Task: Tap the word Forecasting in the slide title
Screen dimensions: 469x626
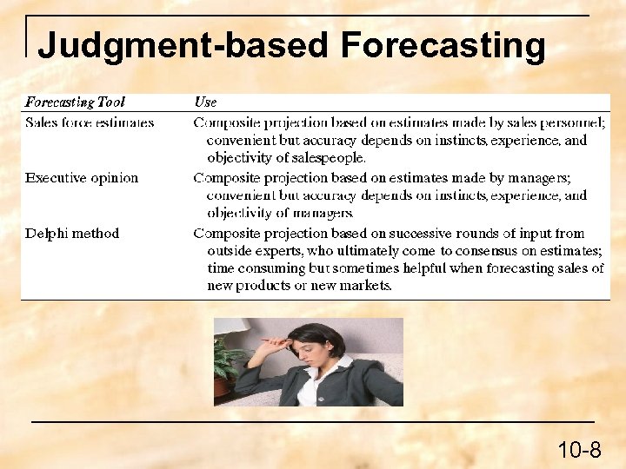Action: (443, 44)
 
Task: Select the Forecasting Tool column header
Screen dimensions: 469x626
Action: (75, 102)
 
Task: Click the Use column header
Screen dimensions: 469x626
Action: (206, 102)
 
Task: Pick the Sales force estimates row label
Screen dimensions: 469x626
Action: (90, 122)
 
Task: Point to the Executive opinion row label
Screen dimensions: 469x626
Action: (82, 178)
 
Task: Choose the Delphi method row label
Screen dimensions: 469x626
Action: (72, 233)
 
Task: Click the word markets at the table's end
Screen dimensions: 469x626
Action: (364, 286)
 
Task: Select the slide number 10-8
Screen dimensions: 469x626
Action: (579, 450)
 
